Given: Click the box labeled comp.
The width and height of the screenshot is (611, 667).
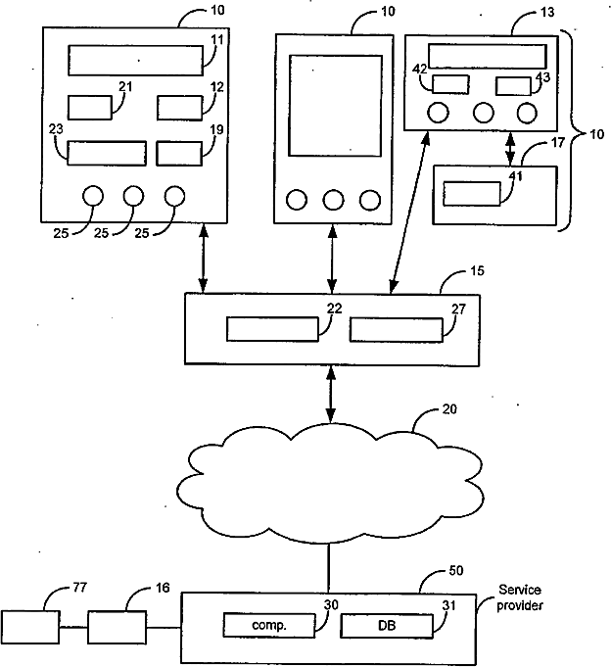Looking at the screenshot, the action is [269, 625].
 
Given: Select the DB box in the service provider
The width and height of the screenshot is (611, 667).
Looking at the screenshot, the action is [387, 625].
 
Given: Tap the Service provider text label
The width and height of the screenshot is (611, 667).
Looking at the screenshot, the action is [520, 597].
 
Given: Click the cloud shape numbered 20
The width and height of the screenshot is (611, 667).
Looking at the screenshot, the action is [330, 484].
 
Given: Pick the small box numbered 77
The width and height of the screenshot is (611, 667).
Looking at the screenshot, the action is [29, 627].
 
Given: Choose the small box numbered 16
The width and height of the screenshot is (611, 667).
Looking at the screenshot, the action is [117, 627].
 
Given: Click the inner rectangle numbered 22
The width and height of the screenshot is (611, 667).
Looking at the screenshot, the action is [272, 329].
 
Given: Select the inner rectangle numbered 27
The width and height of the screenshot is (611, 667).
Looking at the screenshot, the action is [397, 330].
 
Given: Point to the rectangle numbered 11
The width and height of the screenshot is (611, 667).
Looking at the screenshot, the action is [136, 61].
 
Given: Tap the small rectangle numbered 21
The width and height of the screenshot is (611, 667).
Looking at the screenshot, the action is [90, 108].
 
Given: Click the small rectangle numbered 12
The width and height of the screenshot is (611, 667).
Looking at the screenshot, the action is [180, 108].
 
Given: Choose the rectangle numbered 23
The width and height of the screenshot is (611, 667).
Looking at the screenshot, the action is [107, 153].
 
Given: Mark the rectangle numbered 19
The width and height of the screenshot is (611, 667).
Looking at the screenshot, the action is [179, 153].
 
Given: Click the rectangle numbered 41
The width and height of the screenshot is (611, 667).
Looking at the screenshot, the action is [472, 194].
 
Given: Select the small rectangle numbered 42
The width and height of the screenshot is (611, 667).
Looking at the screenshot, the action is [450, 84].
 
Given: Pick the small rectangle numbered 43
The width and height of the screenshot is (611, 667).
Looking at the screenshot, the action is [514, 86].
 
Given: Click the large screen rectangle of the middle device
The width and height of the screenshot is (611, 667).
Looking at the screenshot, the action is [336, 106].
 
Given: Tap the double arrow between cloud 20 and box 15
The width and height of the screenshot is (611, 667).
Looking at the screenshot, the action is [331, 395].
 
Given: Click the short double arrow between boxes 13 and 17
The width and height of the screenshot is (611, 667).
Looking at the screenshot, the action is [510, 149].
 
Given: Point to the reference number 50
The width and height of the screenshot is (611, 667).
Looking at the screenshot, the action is [456, 570].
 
